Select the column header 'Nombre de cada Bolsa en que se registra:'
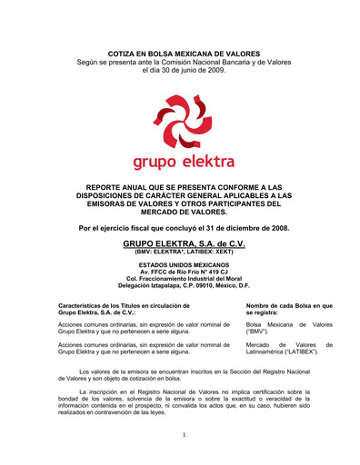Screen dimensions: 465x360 pyautogui.click(x=289, y=310)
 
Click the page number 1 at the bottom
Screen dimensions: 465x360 pyautogui.click(x=184, y=434)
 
